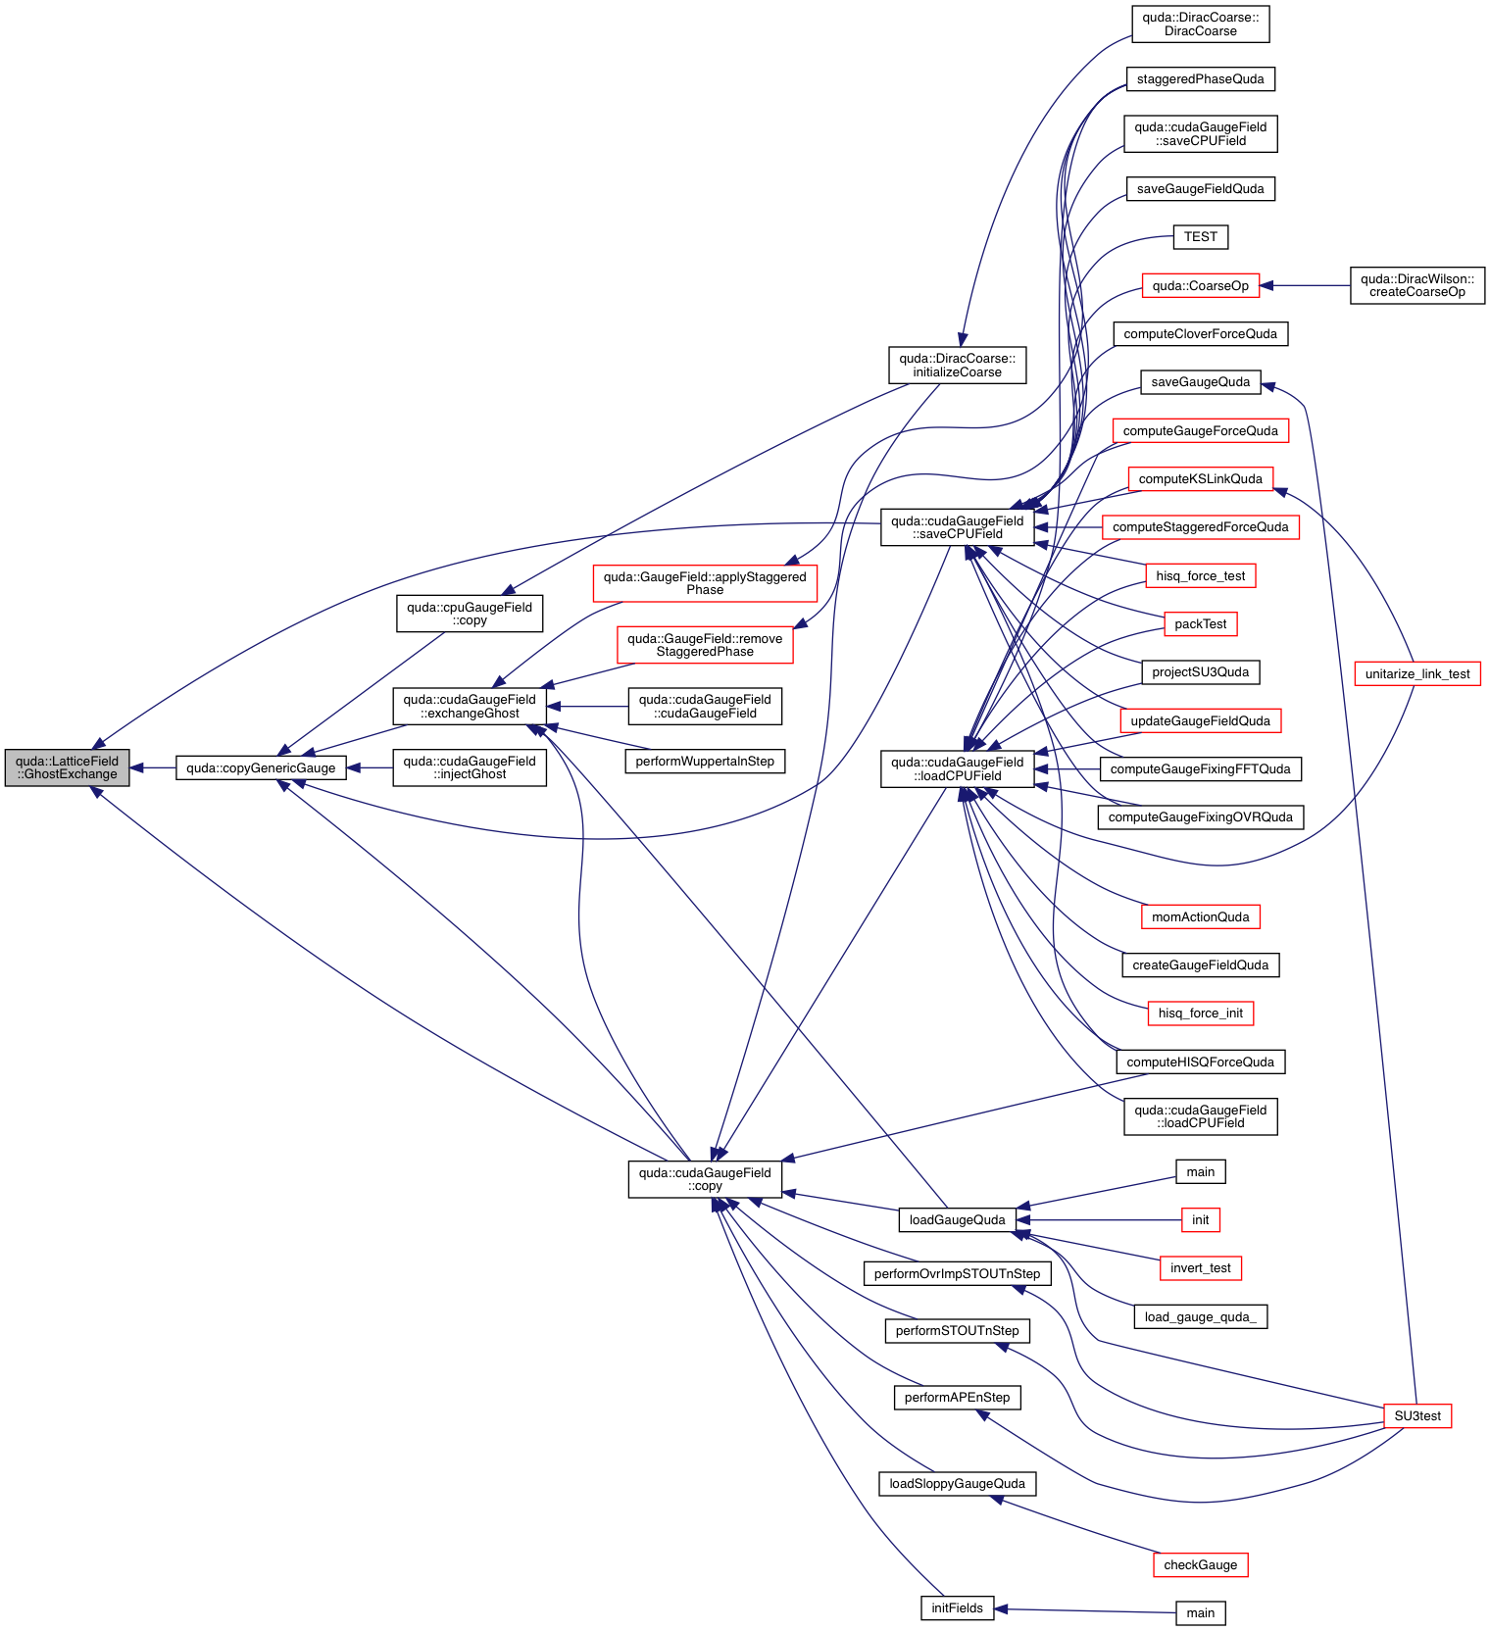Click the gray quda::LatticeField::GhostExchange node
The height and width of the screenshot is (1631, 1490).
(x=67, y=767)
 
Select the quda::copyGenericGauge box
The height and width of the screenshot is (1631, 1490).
(x=261, y=767)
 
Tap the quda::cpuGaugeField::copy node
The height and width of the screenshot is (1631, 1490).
(x=470, y=614)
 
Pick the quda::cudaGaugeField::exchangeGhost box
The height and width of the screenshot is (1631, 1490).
(x=470, y=706)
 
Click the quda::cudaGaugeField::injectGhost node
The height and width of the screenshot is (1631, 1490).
(x=470, y=767)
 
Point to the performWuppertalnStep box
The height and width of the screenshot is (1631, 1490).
(x=705, y=762)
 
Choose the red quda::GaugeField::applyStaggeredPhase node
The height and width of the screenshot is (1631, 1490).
(x=705, y=583)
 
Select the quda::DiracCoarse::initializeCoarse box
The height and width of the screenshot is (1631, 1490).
(x=957, y=365)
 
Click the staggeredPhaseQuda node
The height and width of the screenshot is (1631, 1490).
(x=1200, y=79)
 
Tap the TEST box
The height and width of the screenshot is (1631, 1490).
(x=1200, y=237)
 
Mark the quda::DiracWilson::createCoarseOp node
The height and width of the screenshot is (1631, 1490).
(x=1416, y=285)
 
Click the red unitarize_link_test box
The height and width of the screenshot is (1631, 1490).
(x=1416, y=674)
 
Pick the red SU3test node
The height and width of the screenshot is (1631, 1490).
(x=1416, y=1416)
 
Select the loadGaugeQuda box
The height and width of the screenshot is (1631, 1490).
(x=957, y=1220)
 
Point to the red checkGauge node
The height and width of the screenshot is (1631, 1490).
(x=1200, y=1565)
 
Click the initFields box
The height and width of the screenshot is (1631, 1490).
(x=957, y=1608)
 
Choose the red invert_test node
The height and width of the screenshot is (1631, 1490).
(x=1200, y=1268)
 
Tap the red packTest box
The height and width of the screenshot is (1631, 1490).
(x=1200, y=624)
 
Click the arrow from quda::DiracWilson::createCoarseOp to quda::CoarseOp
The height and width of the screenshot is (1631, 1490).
(x=1305, y=285)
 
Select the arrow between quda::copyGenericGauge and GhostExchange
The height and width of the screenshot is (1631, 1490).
(x=153, y=767)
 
